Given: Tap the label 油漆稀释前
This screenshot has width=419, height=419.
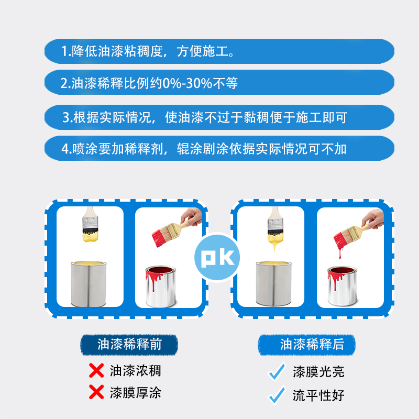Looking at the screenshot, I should [129, 345].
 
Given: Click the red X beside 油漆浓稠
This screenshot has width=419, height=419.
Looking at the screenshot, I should [96, 371].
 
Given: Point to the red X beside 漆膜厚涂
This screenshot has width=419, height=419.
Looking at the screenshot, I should [96, 392].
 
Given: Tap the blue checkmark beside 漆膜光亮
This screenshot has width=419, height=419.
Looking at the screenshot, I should [277, 372].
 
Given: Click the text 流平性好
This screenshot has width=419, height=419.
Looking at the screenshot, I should [318, 395].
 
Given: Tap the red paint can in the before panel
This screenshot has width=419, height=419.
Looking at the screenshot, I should [160, 286].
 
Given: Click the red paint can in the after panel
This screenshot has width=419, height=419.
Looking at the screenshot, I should [342, 286].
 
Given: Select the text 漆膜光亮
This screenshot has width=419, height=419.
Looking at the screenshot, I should [318, 372].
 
